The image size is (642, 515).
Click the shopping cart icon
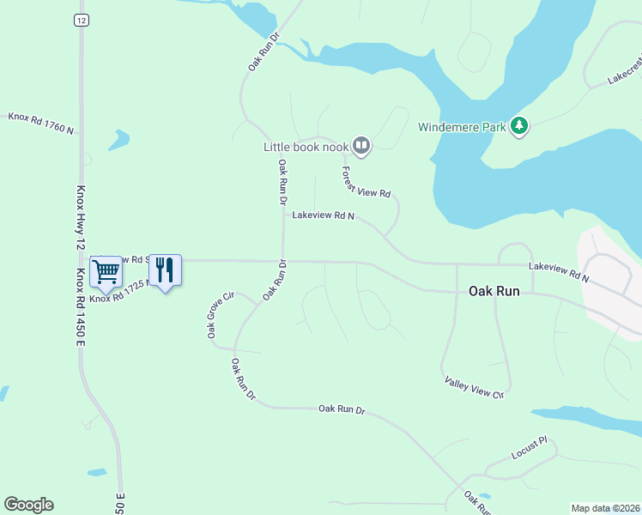coord(106,272)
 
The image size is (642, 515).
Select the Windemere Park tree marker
coord(518,127)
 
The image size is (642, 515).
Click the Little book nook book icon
coord(361,147)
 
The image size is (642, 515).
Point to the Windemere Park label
coord(460,128)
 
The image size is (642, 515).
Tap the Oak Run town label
coord(494,292)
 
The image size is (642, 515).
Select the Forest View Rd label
coord(366,181)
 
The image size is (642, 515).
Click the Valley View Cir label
coord(474,387)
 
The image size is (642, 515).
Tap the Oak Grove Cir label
coord(220,314)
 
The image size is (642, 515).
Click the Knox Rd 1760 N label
coord(41,123)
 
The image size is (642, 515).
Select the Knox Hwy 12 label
coord(80,218)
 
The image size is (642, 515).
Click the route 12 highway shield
coord(80,20)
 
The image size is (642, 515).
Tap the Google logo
coord(28,505)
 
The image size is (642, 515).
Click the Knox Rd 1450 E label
coord(80,307)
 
